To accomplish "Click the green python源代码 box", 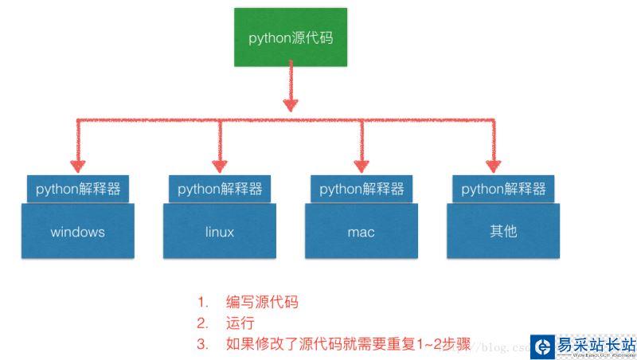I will tap(290, 37).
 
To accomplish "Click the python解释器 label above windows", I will tap(77, 189).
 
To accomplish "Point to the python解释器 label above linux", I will tap(220, 189).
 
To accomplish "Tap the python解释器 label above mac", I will tap(361, 189).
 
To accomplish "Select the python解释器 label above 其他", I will tap(503, 189).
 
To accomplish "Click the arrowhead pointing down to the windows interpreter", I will tap(77, 166).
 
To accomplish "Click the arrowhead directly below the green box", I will tap(290, 104).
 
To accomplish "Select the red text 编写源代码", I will tap(263, 302).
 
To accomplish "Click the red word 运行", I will tap(240, 323).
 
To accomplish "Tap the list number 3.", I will tap(202, 345).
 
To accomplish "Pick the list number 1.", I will tap(202, 302).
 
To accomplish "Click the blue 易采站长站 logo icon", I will tap(544, 346).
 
